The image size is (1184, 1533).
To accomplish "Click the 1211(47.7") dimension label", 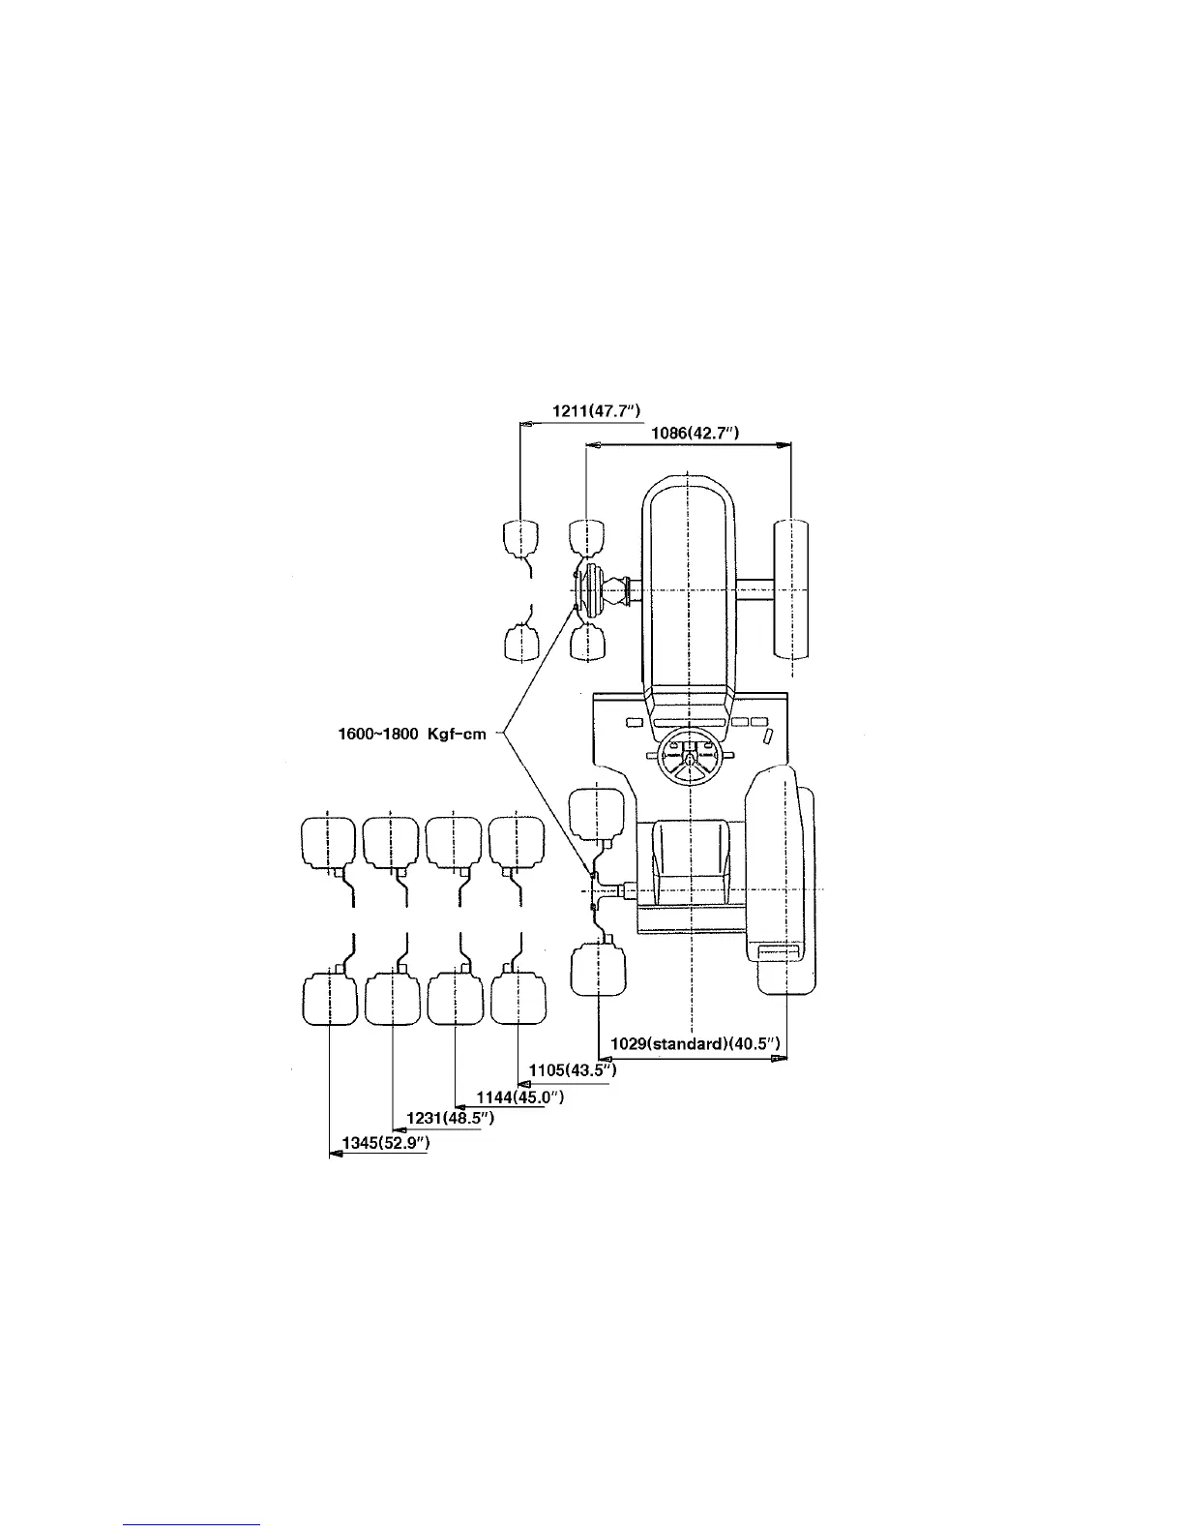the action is [x=597, y=411].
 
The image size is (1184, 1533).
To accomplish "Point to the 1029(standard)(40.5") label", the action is [x=696, y=1044].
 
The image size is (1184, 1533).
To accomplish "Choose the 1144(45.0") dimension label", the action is [x=520, y=1097].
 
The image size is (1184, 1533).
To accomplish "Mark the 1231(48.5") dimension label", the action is [x=451, y=1118].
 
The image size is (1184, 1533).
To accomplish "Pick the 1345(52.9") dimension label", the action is [x=386, y=1143].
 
